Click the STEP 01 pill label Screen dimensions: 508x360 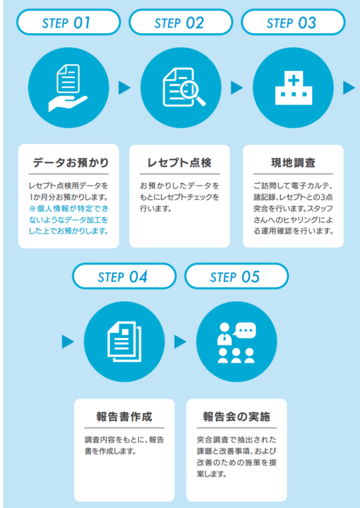(x=69, y=23)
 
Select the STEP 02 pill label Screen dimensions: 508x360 (x=181, y=23)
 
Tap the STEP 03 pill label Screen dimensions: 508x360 (x=293, y=23)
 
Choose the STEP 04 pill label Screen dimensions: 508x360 (x=124, y=277)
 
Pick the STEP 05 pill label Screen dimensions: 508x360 (x=236, y=277)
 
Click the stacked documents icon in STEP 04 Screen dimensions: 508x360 (x=124, y=342)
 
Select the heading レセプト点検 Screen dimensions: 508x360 (x=180, y=163)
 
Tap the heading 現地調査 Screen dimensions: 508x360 (x=293, y=163)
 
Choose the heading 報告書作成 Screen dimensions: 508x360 (x=124, y=416)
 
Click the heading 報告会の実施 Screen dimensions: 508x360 (x=236, y=416)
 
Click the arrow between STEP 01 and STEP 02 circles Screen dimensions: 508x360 (x=124, y=88)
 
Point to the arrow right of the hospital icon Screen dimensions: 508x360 (x=349, y=88)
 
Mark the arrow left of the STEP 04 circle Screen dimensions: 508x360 (x=68, y=342)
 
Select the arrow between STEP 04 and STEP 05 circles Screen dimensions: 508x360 (x=180, y=342)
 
